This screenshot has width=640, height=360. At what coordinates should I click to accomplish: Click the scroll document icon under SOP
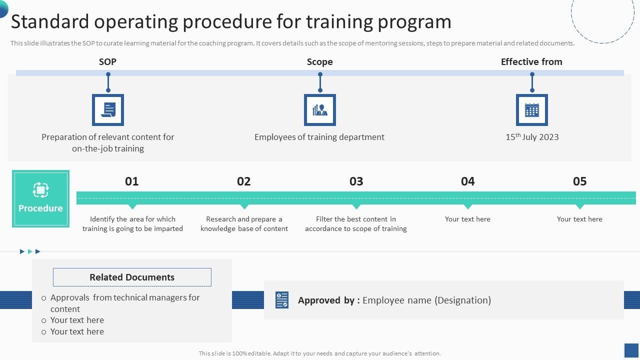[108, 110]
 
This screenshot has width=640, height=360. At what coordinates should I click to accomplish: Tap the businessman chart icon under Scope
[319, 110]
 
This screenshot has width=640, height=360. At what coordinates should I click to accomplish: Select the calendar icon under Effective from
[531, 110]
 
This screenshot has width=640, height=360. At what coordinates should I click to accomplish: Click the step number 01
[131, 181]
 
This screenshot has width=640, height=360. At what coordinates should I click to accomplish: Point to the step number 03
[356, 181]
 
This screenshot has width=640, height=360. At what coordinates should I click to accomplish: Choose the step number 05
[579, 181]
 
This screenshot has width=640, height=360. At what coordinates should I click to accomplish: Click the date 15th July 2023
[532, 137]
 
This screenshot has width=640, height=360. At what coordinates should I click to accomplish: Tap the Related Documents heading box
[132, 277]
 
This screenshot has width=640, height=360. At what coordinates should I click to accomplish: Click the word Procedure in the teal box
[40, 208]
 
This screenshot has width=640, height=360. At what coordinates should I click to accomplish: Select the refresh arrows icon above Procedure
[40, 190]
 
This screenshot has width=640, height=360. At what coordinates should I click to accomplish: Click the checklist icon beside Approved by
[281, 300]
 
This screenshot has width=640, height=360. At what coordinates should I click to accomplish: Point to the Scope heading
[319, 61]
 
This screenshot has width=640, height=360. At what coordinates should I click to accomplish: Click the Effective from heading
[531, 61]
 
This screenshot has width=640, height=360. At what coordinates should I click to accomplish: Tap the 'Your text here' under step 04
[467, 219]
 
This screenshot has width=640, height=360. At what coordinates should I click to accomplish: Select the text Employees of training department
[319, 137]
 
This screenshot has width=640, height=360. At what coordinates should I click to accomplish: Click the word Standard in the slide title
[50, 21]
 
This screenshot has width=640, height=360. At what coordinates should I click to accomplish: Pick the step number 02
[243, 181]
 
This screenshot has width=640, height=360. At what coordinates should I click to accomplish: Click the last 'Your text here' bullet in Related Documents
[77, 331]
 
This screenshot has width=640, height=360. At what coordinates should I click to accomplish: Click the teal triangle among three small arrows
[29, 251]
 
